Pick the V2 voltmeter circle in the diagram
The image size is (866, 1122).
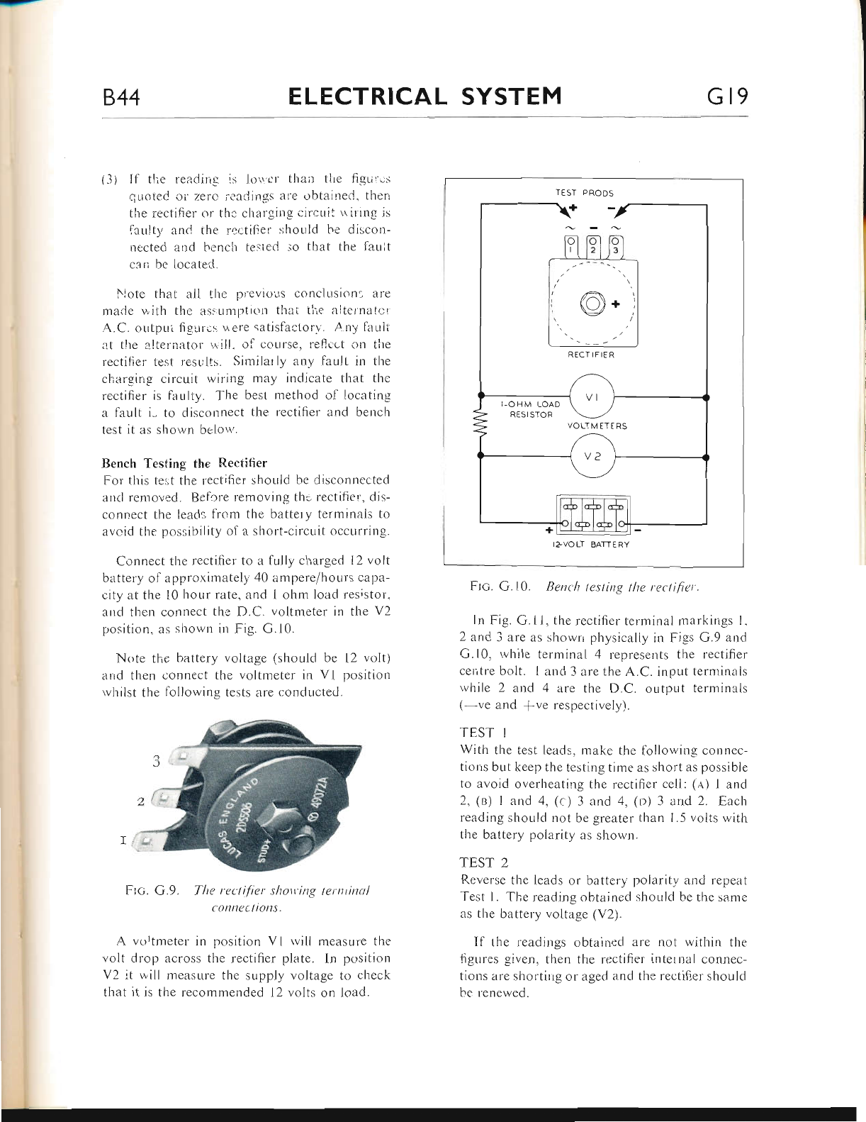pos(592,457)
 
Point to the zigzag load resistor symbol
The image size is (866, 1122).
pos(481,427)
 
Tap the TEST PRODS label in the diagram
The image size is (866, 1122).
pos(585,192)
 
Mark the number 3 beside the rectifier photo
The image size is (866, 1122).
pos(155,762)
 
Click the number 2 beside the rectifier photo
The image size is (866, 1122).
pos(140,802)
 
